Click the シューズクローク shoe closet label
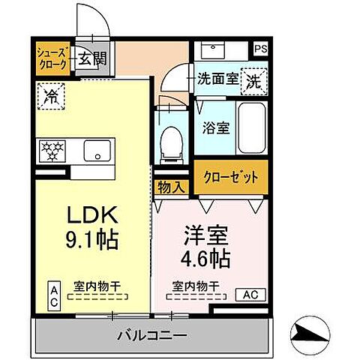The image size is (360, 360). [x=54, y=58]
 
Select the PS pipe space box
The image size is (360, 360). [x=260, y=49]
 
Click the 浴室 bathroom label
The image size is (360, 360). [x=215, y=127]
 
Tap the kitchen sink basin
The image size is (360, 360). [x=97, y=149]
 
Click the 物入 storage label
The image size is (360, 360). [x=169, y=187]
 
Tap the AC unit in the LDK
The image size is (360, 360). [x=54, y=293]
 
